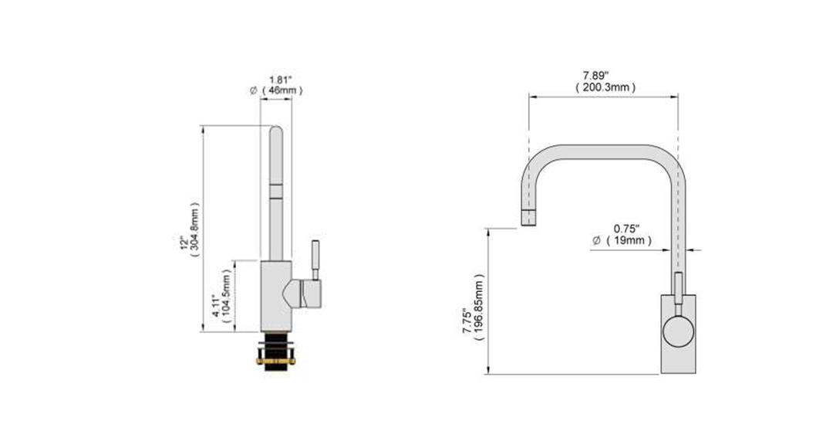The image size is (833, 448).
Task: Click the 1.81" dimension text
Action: (280, 80)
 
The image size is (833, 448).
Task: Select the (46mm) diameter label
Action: (282, 90)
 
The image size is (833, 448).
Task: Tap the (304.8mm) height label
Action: (194, 230)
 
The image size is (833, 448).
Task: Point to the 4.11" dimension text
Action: (216, 307)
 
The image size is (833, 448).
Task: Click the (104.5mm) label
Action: (227, 297)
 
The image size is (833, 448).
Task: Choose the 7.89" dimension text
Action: (596, 76)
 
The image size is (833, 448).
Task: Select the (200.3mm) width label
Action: (605, 87)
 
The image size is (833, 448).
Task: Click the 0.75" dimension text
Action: (626, 229)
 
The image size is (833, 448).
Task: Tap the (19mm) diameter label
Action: (629, 240)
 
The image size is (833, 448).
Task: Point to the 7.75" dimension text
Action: (467, 322)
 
